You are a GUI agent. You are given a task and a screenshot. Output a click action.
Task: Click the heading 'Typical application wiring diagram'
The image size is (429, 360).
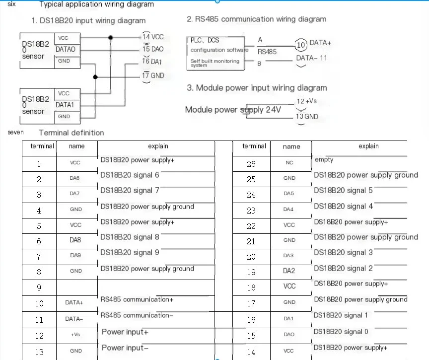(x=96, y=4)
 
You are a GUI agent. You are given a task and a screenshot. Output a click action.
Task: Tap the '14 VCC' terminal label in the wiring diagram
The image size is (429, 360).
(x=153, y=37)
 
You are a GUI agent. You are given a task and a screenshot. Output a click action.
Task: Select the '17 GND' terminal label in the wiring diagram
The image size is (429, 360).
(x=153, y=75)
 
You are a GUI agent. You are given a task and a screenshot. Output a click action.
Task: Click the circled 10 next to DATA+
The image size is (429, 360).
(x=301, y=45)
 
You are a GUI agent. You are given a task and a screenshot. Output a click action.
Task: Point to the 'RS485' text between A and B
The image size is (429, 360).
(x=267, y=51)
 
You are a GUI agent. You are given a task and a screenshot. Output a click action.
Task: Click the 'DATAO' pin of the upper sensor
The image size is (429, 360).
(x=65, y=49)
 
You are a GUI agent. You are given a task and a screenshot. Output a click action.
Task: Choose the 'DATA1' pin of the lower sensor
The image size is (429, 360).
(x=65, y=105)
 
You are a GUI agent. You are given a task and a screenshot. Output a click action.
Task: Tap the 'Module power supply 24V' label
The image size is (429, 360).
(x=233, y=109)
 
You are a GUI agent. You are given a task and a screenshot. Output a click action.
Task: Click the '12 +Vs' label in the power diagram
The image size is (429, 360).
(x=306, y=101)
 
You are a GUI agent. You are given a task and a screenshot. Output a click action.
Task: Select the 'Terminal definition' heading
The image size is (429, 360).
(x=71, y=133)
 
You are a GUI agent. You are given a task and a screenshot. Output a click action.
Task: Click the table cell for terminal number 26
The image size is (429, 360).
(x=251, y=164)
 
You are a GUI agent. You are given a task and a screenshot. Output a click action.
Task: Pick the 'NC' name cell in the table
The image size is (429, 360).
(x=289, y=162)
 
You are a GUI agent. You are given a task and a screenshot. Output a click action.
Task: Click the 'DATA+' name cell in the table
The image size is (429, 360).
(x=74, y=302)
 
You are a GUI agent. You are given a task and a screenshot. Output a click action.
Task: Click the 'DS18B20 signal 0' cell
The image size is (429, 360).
(x=341, y=331)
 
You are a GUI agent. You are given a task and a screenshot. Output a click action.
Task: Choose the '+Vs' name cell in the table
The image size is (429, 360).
(x=75, y=335)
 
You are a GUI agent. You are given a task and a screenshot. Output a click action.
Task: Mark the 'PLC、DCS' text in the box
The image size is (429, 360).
(x=205, y=40)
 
